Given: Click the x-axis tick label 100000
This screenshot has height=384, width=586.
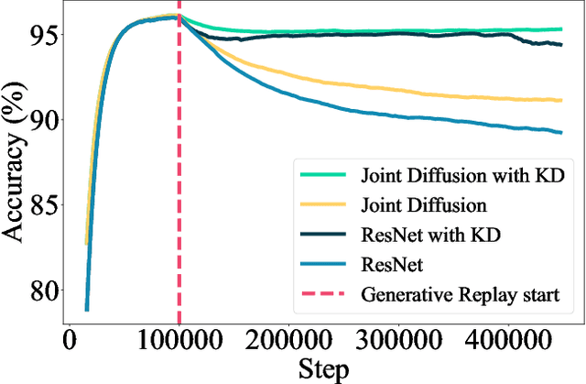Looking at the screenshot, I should coord(179,341).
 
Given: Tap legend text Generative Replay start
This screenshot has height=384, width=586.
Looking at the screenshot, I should coord(460,295).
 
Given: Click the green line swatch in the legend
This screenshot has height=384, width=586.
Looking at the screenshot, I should coord(322,174).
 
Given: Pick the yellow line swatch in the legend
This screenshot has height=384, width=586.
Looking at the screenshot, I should coord(322,204).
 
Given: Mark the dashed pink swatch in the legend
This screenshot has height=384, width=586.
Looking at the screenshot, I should coord(322,295).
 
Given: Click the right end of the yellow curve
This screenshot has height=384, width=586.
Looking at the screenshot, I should coord(561,100).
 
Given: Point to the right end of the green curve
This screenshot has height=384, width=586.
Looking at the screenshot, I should coord(561,29).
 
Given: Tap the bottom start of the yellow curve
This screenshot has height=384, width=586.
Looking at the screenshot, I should coord(87,244).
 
